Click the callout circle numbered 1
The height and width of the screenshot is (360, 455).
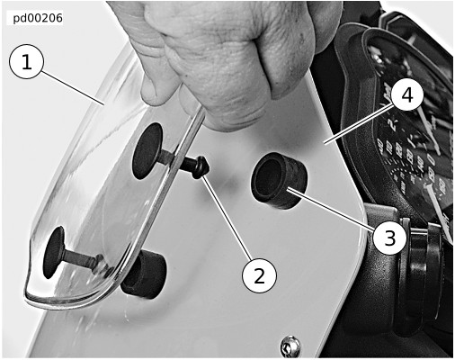(x=27, y=61)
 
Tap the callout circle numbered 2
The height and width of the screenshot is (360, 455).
(x=259, y=275)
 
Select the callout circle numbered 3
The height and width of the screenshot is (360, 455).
(x=389, y=238)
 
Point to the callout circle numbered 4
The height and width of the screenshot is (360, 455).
(x=406, y=95)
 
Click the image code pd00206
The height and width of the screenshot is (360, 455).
(x=38, y=18)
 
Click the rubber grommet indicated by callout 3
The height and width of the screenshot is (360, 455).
(x=280, y=180)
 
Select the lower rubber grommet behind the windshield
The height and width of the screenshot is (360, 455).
(x=144, y=274)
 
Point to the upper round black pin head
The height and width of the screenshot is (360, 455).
(x=147, y=151)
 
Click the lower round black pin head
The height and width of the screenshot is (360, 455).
(x=54, y=252)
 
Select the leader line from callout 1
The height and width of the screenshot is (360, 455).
(x=72, y=87)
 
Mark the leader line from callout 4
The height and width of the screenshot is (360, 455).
(x=359, y=122)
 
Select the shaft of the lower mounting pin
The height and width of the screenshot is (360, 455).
(x=80, y=257)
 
